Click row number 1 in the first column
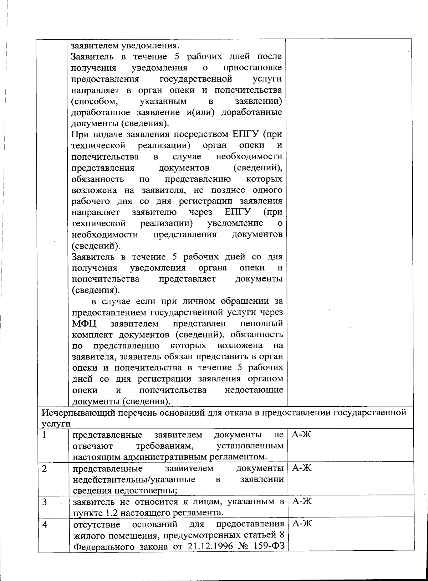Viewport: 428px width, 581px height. (x=44, y=435)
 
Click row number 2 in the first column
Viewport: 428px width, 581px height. (x=45, y=468)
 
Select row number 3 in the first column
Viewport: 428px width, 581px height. (x=45, y=502)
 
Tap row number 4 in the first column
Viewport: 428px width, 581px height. (x=45, y=524)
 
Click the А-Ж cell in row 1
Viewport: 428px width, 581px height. (x=302, y=435)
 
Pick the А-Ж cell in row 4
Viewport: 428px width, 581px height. (x=302, y=524)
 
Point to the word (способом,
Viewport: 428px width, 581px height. (x=95, y=101)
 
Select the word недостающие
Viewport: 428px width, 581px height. (x=254, y=390)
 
